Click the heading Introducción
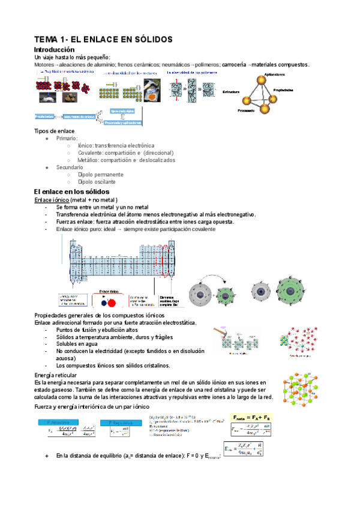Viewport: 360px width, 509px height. click(55, 49)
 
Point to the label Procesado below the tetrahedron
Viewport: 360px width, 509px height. click(247, 111)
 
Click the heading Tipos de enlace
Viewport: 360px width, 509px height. click(54, 131)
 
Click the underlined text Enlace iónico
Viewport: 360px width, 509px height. click(52, 199)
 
